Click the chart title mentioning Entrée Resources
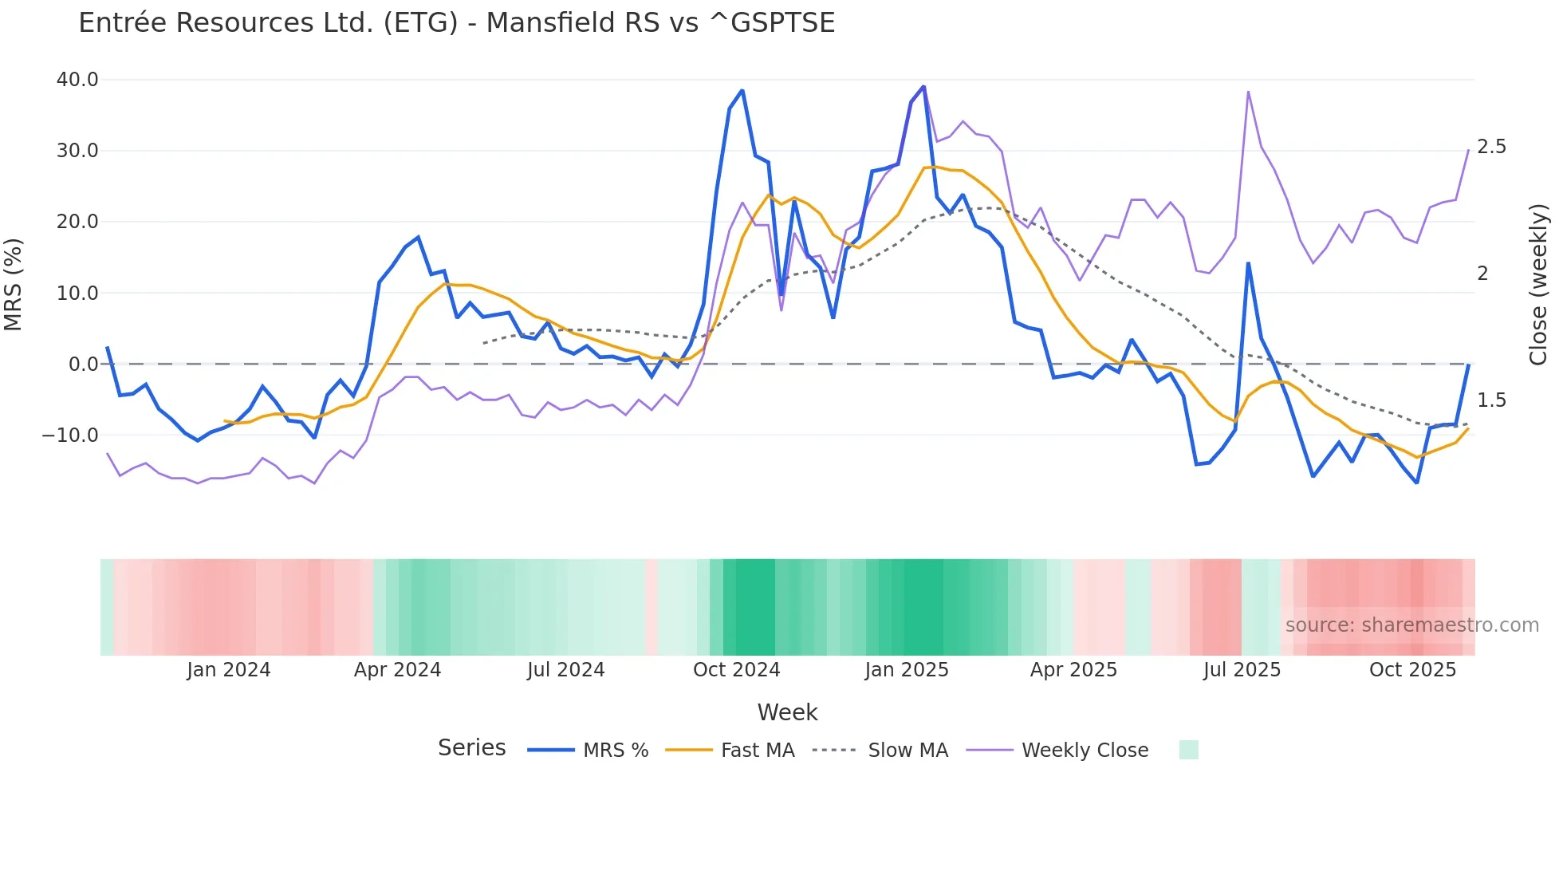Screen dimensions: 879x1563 click(x=456, y=23)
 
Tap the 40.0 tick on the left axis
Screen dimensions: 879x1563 click(x=77, y=80)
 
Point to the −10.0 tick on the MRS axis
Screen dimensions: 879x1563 click(x=70, y=436)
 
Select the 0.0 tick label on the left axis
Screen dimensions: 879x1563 click(x=83, y=365)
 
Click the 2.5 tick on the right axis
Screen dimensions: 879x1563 click(x=1491, y=147)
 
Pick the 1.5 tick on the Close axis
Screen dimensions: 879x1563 click(x=1491, y=400)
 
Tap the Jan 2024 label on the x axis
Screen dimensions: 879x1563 click(x=229, y=670)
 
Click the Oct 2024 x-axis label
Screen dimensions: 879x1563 click(x=736, y=670)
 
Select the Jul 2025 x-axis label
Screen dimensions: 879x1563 click(x=1242, y=670)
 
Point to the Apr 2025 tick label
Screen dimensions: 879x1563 click(x=1073, y=670)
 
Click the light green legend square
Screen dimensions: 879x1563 click(x=1188, y=750)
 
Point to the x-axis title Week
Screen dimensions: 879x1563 click(x=787, y=712)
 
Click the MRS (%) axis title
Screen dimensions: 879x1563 click(x=14, y=285)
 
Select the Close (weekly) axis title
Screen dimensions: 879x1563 click(x=1538, y=285)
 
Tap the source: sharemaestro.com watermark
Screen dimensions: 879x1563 click(x=1411, y=625)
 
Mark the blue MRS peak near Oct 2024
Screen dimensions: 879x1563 click(x=742, y=91)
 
